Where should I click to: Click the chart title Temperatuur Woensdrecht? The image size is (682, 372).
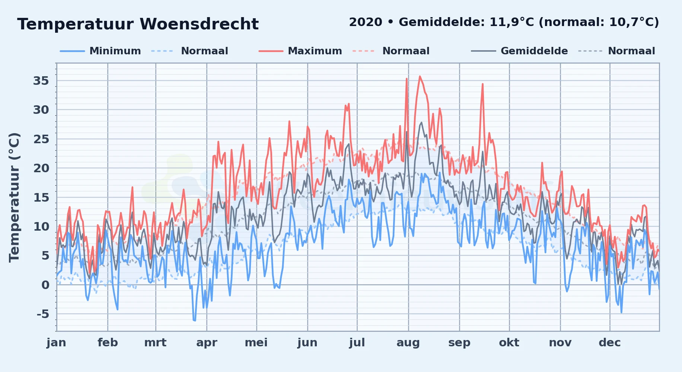[138, 24]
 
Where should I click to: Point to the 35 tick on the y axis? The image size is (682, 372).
[41, 81]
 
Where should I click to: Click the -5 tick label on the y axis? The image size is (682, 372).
[42, 314]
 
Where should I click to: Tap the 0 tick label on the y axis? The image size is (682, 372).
[45, 285]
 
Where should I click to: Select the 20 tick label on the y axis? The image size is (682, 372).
[41, 168]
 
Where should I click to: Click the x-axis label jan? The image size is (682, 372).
[56, 343]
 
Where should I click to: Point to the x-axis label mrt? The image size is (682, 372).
[155, 343]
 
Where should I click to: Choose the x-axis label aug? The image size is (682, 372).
[408, 343]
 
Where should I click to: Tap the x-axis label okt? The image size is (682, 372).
[509, 343]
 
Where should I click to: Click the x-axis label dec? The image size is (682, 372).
[610, 343]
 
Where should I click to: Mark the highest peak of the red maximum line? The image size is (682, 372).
[420, 76]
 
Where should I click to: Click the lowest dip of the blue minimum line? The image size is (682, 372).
[195, 320]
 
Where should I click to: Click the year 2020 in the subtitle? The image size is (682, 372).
[366, 22]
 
